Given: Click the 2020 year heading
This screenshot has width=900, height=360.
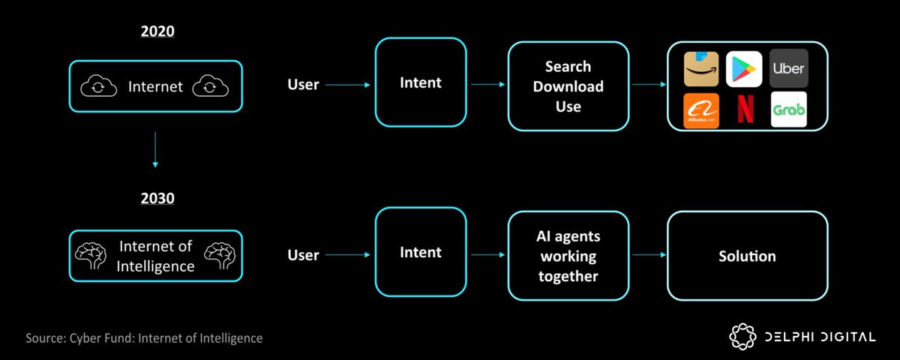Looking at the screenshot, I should pos(156,32).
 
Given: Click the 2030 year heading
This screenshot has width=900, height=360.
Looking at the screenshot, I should pos(156,200).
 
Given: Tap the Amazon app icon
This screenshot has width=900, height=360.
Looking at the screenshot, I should pos(701,69).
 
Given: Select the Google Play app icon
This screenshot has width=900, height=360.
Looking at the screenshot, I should pos(744,69).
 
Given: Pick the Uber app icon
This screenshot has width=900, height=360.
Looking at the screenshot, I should pos(788,69).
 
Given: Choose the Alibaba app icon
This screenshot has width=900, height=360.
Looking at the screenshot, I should pos(701,110).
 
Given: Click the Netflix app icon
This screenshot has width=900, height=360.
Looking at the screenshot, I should pos(744,110).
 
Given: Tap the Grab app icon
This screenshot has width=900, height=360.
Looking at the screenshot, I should pos(788,110).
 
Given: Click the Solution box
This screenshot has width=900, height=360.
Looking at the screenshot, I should pos(747,256).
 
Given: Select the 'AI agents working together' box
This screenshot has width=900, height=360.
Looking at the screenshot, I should pos(568,256).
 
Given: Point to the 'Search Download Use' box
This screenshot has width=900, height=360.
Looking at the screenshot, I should pos(568,86).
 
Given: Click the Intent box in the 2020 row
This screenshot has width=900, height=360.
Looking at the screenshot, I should pos(420,82).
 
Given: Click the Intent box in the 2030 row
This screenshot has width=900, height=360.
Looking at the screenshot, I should pos(420,253).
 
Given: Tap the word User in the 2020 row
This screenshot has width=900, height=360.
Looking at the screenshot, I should pos(304,85).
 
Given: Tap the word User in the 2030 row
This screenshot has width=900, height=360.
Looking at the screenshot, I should pos(304,256).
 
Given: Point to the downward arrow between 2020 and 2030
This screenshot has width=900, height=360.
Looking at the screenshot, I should pos(156,150).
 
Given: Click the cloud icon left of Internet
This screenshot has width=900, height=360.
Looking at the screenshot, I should pos(97,87).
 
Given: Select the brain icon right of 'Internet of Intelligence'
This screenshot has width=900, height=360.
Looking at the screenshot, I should pos(221,256).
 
